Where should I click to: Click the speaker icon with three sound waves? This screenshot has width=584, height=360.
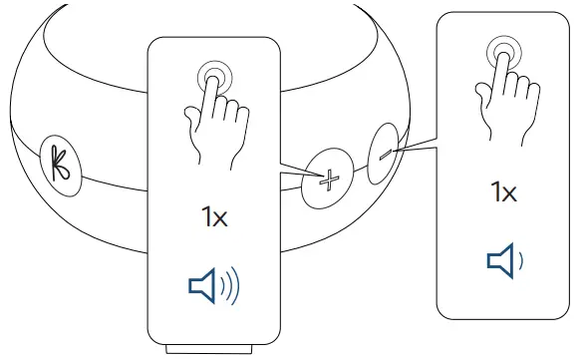coord(213,285)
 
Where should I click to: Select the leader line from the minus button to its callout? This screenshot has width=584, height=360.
coord(416,149)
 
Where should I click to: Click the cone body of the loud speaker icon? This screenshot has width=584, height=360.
coord(201,285)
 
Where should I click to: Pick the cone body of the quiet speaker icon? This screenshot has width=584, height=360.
coord(498,260)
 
